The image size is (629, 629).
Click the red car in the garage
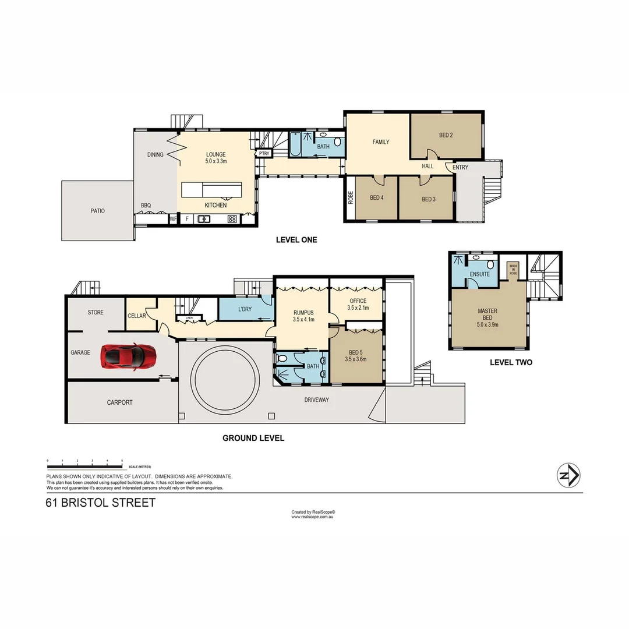click(128, 356)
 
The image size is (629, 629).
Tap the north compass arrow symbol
click(568, 475)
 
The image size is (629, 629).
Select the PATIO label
click(98, 211)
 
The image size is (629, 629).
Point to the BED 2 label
click(446, 135)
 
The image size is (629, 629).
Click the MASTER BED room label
click(487, 314)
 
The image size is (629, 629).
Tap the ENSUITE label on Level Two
click(479, 274)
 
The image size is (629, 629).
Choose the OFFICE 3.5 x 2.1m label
click(358, 304)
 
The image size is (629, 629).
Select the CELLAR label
click(136, 316)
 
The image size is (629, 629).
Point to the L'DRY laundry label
click(245, 309)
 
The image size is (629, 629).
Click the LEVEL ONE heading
click(296, 240)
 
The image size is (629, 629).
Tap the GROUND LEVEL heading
click(253, 438)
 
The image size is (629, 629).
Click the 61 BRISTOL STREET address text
click(101, 503)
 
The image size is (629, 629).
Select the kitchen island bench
click(211, 190)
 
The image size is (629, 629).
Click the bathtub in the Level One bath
click(295, 145)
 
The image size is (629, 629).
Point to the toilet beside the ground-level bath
click(282, 358)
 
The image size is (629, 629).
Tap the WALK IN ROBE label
click(513, 268)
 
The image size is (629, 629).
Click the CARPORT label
click(119, 402)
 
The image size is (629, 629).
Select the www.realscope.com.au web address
click(312, 517)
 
